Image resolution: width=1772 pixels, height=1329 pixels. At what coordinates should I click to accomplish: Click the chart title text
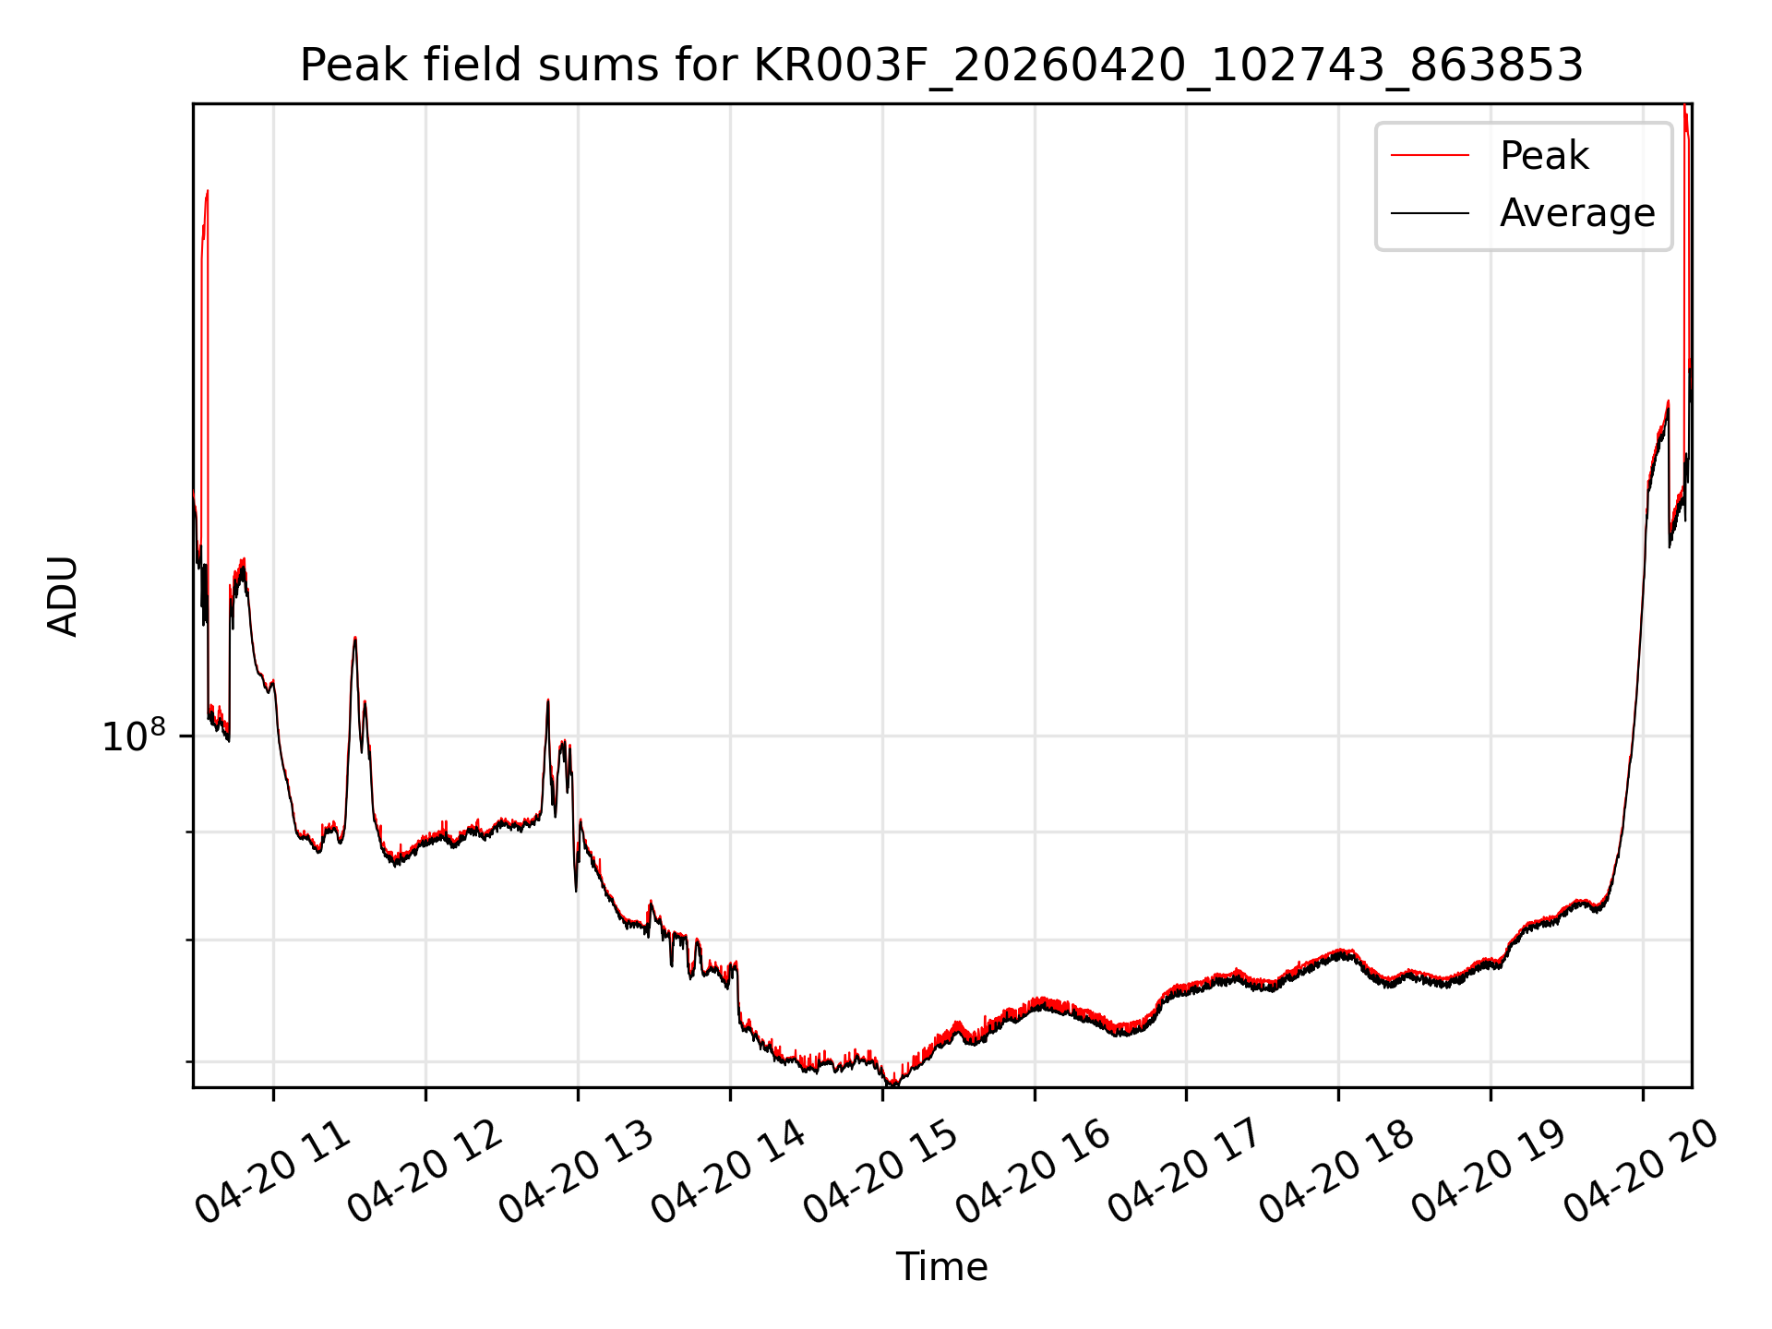941,66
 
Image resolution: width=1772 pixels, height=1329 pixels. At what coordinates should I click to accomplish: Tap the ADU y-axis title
63,595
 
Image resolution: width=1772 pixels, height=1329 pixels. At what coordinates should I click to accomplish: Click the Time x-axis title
941,1267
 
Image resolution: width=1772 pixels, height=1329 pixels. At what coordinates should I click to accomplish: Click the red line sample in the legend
1430,155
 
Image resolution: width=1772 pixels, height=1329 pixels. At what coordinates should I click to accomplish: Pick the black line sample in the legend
1430,213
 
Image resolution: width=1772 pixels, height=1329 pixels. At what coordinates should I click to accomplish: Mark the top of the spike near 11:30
354,638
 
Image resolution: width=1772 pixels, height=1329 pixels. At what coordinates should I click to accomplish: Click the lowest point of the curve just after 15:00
892,1084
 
